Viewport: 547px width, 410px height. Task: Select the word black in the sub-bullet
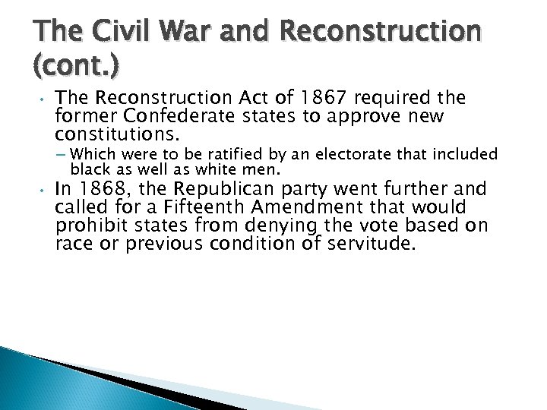click(x=91, y=168)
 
